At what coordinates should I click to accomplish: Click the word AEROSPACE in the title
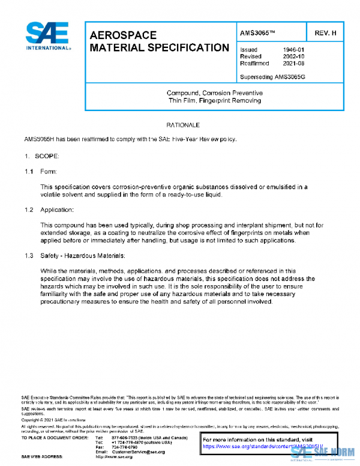tap(123, 35)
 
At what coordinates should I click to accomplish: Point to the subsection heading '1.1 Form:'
tap(42, 172)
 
